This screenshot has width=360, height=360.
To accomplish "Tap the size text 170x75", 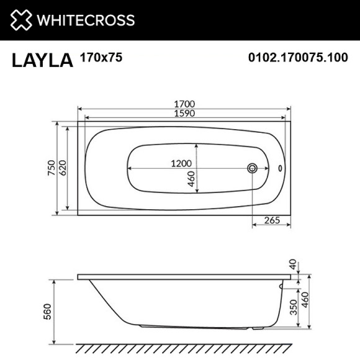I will click(x=101, y=58).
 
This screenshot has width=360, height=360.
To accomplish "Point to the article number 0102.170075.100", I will click(x=297, y=58).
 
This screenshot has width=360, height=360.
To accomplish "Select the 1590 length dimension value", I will click(x=185, y=114).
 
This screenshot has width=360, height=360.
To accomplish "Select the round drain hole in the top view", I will click(x=253, y=168).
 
